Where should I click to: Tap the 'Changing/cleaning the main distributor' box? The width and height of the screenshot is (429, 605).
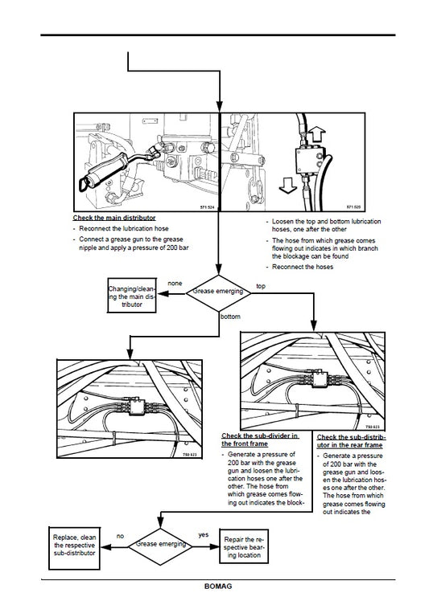point(133,295)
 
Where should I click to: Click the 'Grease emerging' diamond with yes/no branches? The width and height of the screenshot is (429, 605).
point(161,543)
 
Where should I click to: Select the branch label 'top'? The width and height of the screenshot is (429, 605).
point(260,285)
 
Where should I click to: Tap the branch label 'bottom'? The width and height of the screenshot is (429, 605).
point(229,317)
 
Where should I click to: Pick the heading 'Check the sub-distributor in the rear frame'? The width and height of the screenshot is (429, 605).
point(351,439)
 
